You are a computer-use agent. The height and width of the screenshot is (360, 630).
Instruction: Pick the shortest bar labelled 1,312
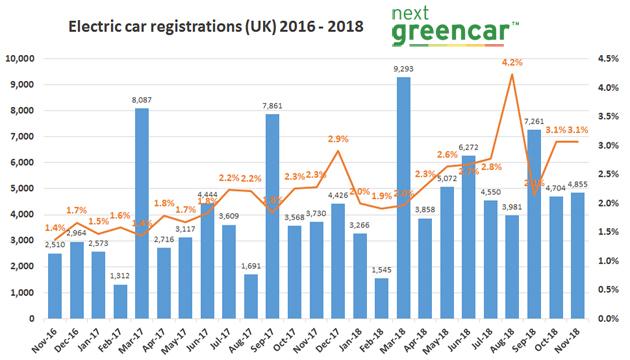[x=118, y=301]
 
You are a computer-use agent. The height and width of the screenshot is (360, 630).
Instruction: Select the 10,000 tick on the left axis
[x=22, y=59]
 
